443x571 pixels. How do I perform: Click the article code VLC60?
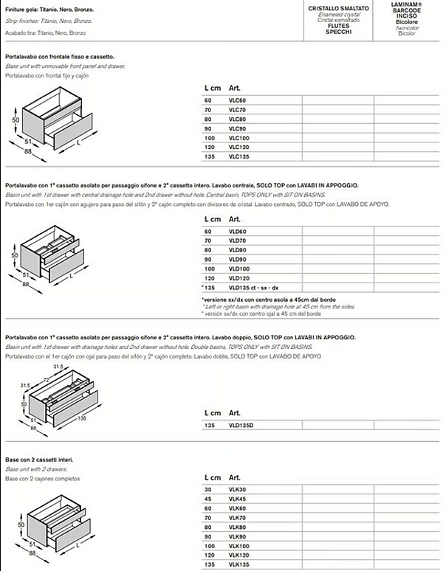tap(237, 100)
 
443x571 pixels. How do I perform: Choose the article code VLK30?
tap(237, 489)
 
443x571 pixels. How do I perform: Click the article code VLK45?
tap(237, 499)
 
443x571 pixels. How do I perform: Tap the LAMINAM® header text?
tap(406, 4)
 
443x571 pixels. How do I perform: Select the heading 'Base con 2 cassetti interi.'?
tap(39, 460)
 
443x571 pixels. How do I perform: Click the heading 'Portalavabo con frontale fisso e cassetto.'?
tap(60, 57)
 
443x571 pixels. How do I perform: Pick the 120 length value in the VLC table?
tap(208, 148)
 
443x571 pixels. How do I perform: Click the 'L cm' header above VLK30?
tap(212, 478)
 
